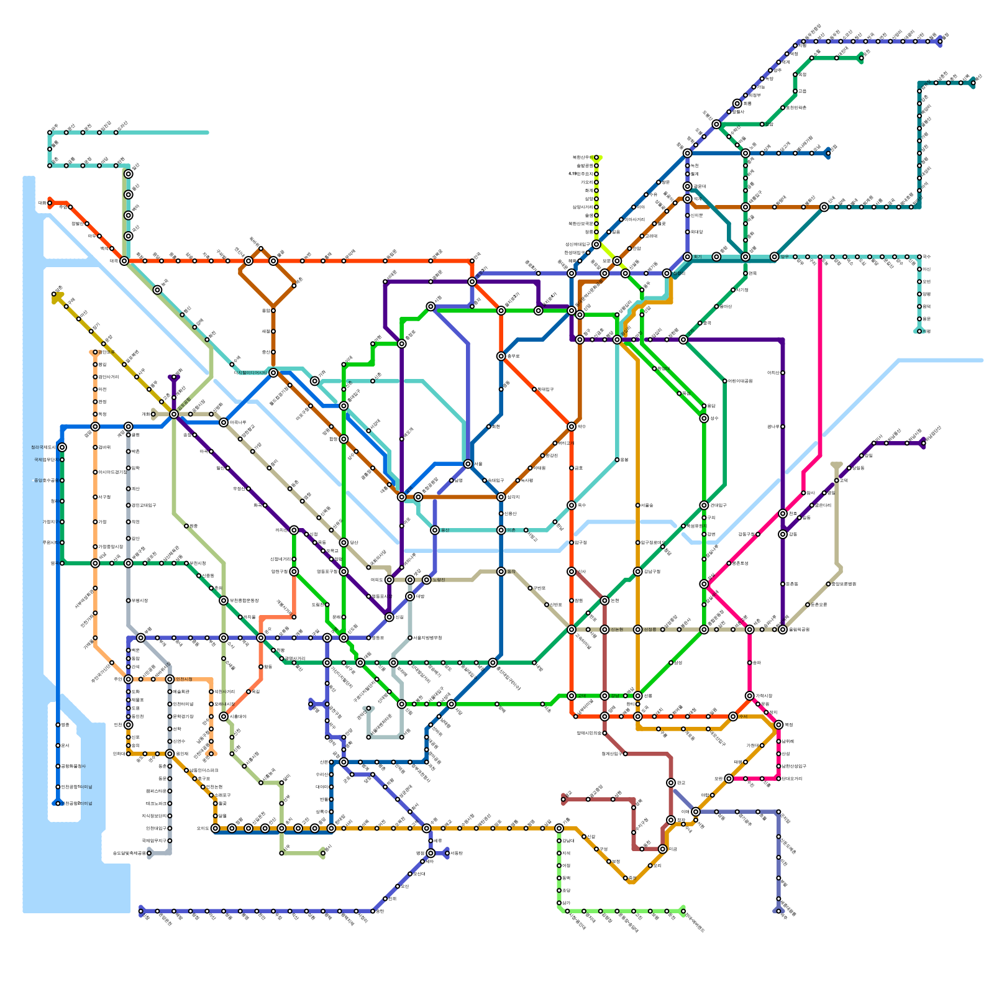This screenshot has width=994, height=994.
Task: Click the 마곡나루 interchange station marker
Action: [x=224, y=422]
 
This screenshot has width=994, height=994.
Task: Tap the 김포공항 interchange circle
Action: [x=174, y=414]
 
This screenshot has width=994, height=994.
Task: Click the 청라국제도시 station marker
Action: [x=62, y=447]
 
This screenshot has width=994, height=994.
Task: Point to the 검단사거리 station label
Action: [x=109, y=377]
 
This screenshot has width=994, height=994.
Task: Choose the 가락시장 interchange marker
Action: [x=749, y=696]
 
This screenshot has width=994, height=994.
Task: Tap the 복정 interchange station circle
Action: [x=778, y=725]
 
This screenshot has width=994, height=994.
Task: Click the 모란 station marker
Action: [x=729, y=778]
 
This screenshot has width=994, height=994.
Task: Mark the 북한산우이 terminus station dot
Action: [x=596, y=158]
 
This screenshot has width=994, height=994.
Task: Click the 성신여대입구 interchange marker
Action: [x=596, y=244]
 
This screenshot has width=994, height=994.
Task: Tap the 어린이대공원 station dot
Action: [x=725, y=381]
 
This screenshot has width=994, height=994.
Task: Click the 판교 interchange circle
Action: [x=671, y=783]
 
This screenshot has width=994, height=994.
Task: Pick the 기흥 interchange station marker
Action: [x=559, y=828]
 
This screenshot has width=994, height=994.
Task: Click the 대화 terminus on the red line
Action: [x=50, y=203]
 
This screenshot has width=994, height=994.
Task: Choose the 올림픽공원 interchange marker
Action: [x=783, y=629]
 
